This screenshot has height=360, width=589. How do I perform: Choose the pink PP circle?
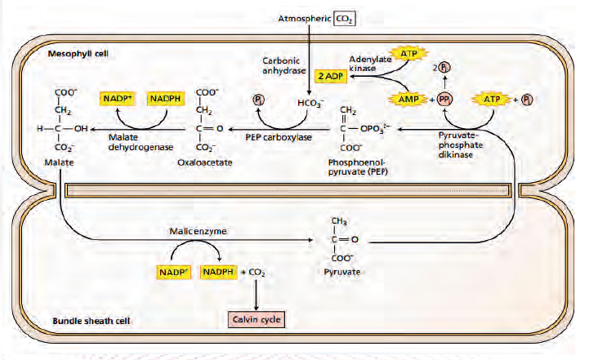[x=445, y=98]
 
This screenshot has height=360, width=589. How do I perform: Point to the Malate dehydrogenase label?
[x=132, y=141]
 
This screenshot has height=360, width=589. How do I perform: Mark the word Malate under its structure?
[x=61, y=162]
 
